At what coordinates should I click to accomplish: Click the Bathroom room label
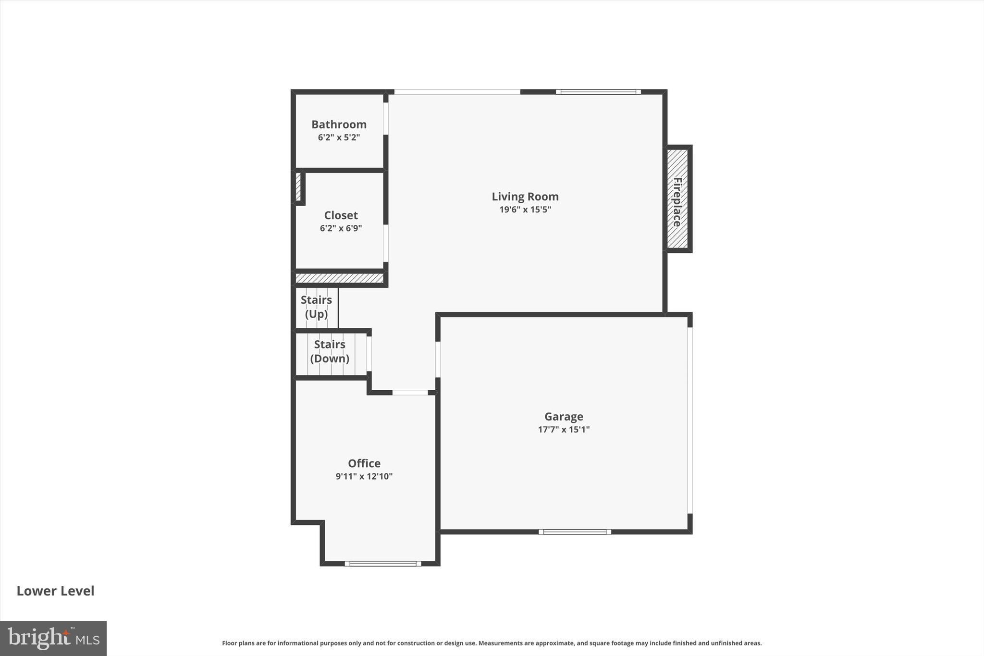pos(339,124)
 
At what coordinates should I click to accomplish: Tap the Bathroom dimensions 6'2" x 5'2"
pos(339,137)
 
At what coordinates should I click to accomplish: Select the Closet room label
pos(341,215)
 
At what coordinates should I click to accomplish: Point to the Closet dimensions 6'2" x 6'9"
pos(341,228)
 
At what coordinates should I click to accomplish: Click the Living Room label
pos(525,197)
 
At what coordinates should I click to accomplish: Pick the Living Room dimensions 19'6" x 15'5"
pos(525,210)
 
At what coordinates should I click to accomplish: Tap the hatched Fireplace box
pos(677,199)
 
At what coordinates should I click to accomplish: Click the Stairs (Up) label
pos(316,307)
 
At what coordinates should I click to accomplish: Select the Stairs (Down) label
pos(330,351)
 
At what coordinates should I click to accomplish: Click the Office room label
pos(364,463)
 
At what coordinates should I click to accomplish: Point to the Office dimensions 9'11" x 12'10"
pos(364,476)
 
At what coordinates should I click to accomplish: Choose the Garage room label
pos(564,417)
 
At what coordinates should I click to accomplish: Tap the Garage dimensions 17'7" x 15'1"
pos(564,430)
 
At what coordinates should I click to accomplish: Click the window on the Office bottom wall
pos(383,563)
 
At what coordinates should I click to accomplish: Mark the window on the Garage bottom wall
pos(575,532)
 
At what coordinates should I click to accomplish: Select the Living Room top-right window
pos(598,92)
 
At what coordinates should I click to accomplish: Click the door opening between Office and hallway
pos(410,393)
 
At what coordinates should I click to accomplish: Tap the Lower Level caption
pos(55,591)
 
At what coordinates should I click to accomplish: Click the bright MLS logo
pos(53,638)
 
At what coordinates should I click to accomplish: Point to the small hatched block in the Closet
pos(298,186)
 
